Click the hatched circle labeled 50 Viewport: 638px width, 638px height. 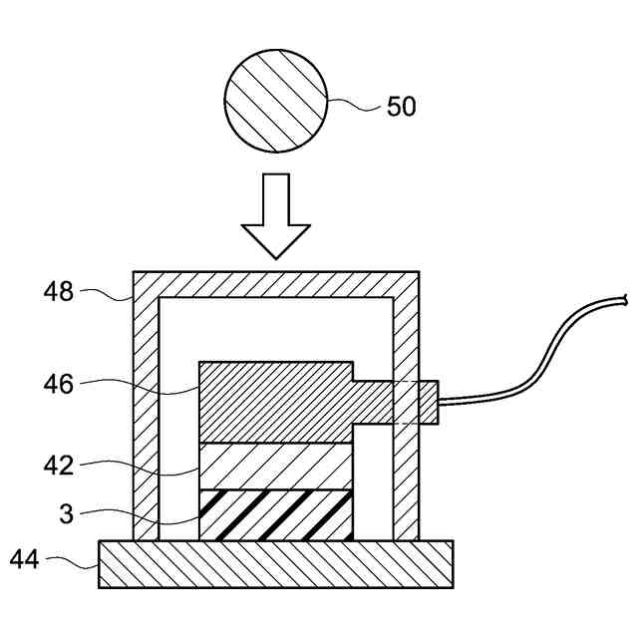[274, 102]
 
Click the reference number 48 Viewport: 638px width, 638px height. [59, 291]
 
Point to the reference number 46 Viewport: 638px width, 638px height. [59, 383]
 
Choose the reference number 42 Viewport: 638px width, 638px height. [59, 465]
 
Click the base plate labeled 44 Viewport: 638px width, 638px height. [275, 564]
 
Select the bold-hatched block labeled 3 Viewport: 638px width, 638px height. [276, 515]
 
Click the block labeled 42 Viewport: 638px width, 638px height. [276, 466]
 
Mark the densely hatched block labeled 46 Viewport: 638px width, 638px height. [276, 402]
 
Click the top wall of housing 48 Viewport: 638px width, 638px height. [276, 282]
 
